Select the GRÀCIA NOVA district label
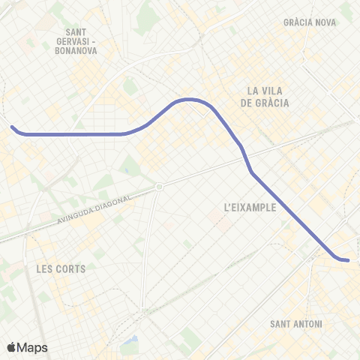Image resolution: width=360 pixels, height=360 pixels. click(310, 22)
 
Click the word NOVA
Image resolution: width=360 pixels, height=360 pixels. click(325, 22)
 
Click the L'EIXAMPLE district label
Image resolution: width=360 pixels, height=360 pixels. click(250, 207)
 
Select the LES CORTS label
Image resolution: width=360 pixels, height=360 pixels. click(61, 268)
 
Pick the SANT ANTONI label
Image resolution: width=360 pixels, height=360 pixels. click(295, 324)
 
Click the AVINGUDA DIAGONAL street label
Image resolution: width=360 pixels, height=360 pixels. click(93, 208)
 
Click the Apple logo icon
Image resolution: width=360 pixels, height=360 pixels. click(11, 347)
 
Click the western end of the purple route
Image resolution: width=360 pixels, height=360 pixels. click(13, 127)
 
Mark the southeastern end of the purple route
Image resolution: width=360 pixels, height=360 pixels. click(348, 260)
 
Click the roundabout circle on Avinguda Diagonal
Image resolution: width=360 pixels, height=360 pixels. click(159, 187)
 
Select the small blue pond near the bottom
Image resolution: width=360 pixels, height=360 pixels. click(133, 341)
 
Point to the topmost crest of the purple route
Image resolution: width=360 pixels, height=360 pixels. click(187, 99)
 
